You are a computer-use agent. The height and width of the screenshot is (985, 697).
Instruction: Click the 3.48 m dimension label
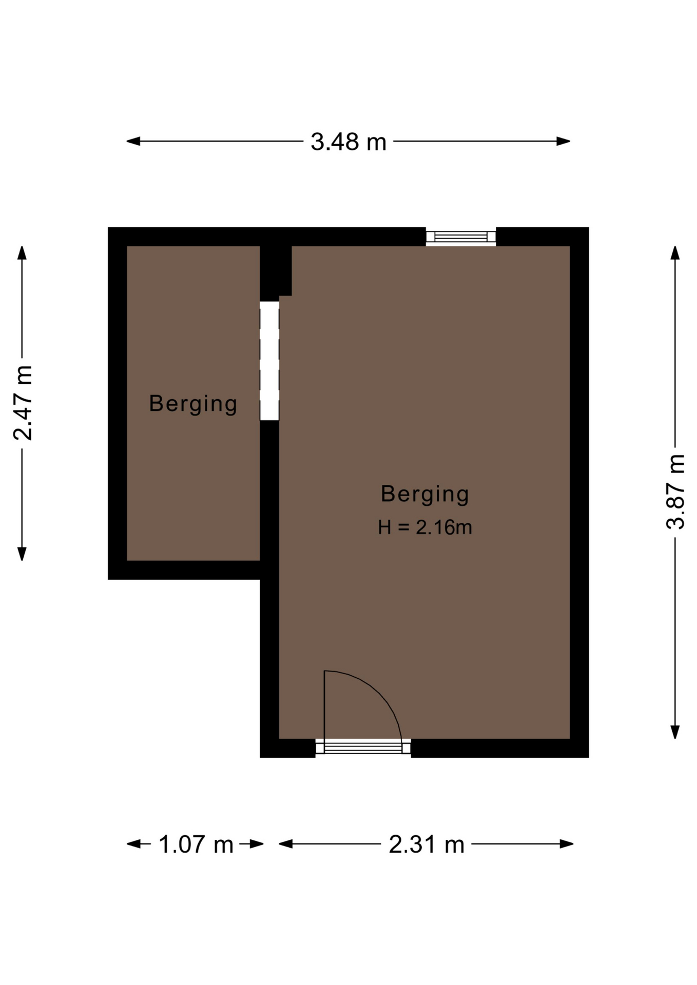(348, 142)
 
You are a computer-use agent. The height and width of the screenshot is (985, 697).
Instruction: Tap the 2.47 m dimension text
(23, 403)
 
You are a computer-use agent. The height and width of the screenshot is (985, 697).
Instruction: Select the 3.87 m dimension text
(675, 491)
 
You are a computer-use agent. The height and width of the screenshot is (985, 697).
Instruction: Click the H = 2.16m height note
(425, 527)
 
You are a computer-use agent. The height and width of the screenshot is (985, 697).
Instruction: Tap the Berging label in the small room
(193, 404)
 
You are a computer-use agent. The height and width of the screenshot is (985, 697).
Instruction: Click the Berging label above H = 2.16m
(425, 494)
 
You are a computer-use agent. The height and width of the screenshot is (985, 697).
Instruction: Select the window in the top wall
(461, 237)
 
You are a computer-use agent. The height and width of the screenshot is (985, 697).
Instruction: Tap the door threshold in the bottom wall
(363, 747)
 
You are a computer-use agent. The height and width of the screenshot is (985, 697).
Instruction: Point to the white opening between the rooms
(269, 361)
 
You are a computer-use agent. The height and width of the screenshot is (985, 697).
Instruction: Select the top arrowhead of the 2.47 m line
(22, 253)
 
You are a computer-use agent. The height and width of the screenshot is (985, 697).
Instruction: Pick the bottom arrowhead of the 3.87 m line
(675, 732)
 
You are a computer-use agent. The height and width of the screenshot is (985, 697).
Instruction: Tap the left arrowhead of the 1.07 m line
(133, 844)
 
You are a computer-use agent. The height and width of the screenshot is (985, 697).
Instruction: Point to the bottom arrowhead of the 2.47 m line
(22, 554)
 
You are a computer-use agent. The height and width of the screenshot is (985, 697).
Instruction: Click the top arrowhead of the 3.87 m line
(675, 253)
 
